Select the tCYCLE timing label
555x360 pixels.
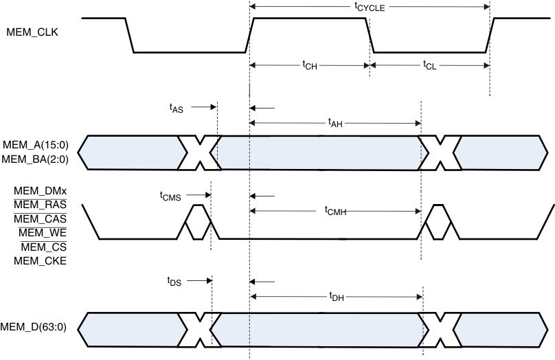click(370, 8)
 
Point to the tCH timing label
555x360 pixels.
click(310, 65)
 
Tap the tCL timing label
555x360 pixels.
click(429, 65)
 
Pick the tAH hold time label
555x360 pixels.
click(336, 123)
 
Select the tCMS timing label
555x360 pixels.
click(170, 196)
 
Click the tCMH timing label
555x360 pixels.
click(335, 212)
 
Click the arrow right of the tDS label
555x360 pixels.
click(199, 280)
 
